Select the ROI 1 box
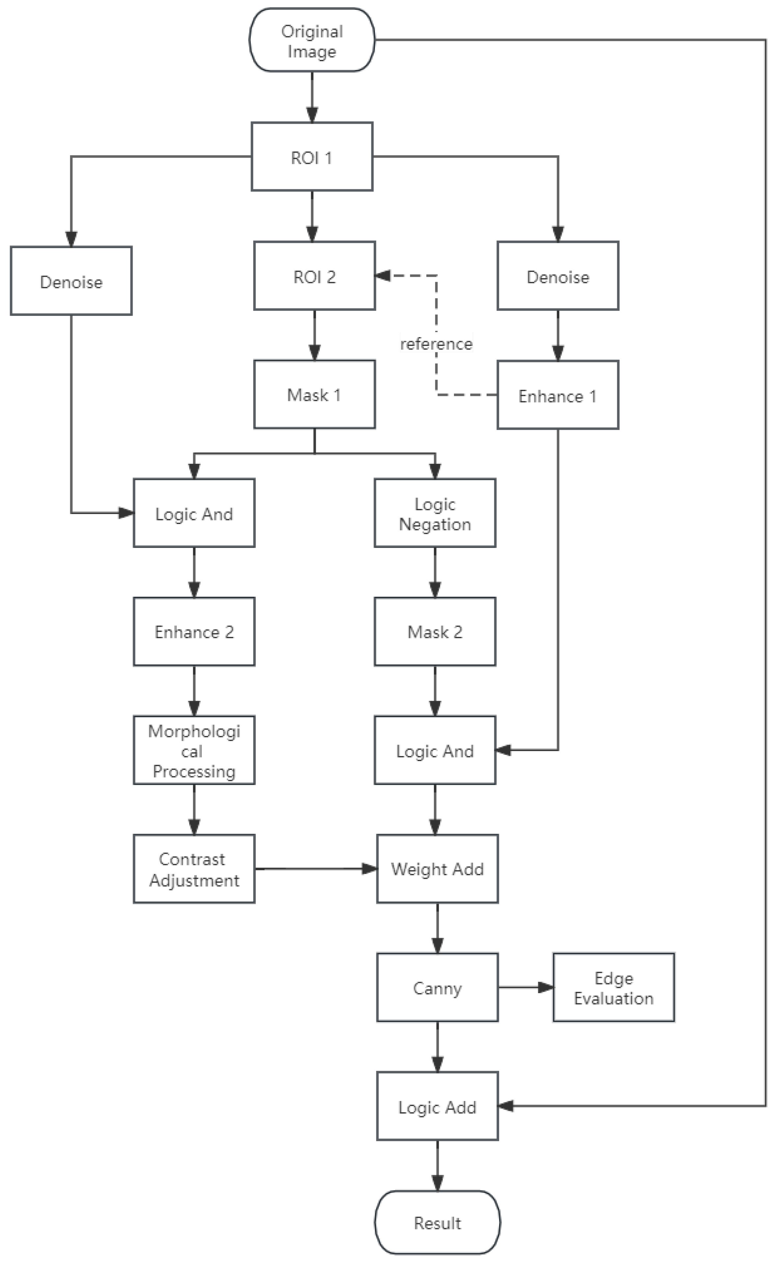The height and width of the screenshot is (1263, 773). pyautogui.click(x=312, y=157)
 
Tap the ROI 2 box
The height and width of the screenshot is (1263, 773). pyautogui.click(x=314, y=276)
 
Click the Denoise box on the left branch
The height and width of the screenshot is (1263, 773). pyautogui.click(x=71, y=281)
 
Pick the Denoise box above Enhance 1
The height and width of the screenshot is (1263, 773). pyautogui.click(x=558, y=276)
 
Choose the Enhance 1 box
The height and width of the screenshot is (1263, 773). pyautogui.click(x=558, y=395)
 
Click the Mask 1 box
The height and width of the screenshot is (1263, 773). pyautogui.click(x=314, y=394)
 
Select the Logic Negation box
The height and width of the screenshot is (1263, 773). pyautogui.click(x=435, y=513)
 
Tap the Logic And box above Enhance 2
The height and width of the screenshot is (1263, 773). pyautogui.click(x=194, y=513)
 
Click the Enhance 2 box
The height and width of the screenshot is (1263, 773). pyautogui.click(x=194, y=631)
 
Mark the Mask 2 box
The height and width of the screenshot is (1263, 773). pyautogui.click(x=435, y=631)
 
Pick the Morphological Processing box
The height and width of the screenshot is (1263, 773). pyautogui.click(x=194, y=750)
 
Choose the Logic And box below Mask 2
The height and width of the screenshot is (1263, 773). pyautogui.click(x=435, y=750)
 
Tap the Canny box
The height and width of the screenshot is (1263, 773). pyautogui.click(x=437, y=988)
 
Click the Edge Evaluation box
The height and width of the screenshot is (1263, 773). pyautogui.click(x=614, y=988)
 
